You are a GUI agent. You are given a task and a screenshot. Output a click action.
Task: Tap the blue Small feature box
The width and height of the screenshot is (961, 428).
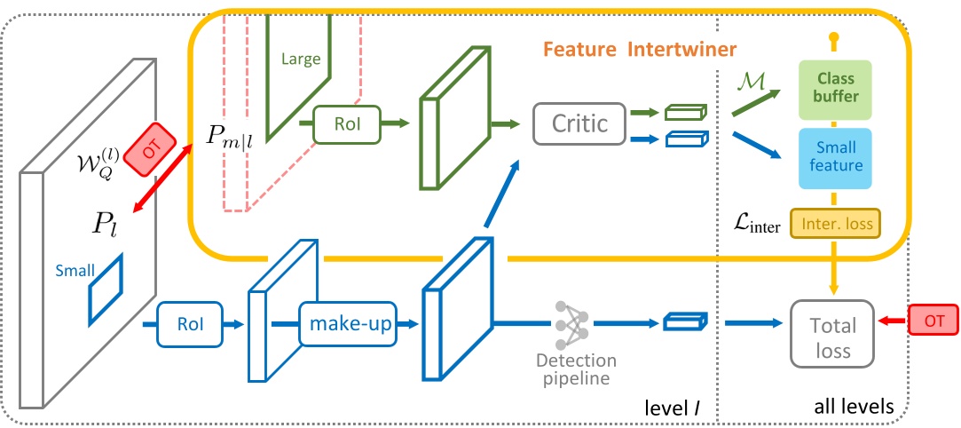836,157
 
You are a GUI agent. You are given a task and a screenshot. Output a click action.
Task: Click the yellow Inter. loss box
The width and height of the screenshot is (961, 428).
836,226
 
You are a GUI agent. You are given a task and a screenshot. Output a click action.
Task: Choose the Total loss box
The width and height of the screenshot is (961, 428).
830,338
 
